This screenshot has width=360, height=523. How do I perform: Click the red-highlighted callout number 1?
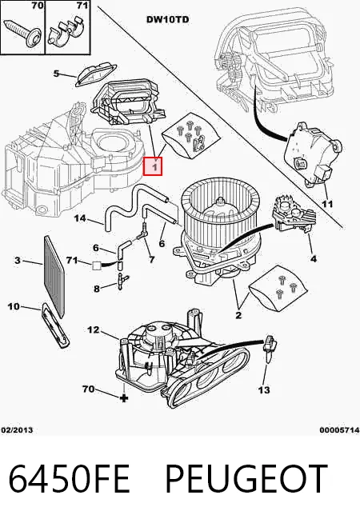coord(153,166)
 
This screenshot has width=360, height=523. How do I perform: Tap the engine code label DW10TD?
coord(167,20)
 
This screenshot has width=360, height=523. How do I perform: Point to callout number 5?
coord(56,73)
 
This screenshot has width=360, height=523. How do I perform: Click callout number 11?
coord(327,203)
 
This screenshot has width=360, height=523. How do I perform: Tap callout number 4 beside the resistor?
coord(314,258)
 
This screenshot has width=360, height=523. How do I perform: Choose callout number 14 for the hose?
coord(80,218)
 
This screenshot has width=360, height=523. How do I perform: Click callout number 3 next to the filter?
coord(18,260)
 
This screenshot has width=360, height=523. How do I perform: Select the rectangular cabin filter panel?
coord(54,276)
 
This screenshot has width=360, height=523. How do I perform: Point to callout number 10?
coord(14,306)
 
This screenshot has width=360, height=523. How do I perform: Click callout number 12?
coord(94,330)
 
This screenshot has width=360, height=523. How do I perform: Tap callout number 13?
coord(264,389)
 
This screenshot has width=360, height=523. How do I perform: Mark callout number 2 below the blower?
coord(238,314)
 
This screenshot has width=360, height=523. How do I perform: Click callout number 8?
coord(97,289)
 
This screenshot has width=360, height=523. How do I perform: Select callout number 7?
coord(152,259)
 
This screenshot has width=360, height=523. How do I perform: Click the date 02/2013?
coord(18,430)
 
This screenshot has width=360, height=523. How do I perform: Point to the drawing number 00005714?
coord(339,430)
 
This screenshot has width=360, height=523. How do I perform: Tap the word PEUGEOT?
coord(246,478)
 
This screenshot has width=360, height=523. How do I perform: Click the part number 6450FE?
coord(69,478)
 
